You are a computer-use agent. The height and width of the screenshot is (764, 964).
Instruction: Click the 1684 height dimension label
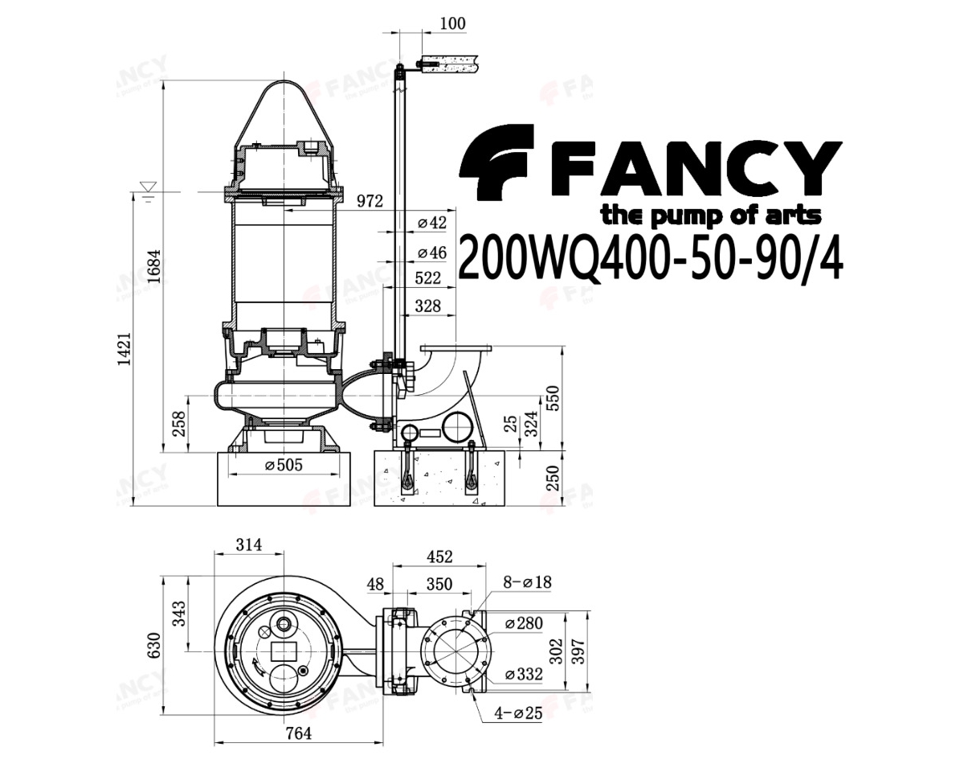coord(154,265)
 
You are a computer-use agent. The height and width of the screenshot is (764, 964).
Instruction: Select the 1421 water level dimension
coord(125,349)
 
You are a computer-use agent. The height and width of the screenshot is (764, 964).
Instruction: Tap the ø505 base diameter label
coord(284,465)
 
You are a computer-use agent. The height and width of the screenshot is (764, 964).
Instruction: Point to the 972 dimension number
coord(370,201)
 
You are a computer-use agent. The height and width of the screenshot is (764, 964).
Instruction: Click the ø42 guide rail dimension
coord(432,223)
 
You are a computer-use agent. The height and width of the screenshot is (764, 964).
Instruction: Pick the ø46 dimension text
coord(432,253)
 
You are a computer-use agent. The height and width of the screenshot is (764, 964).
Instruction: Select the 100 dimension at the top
coord(452,23)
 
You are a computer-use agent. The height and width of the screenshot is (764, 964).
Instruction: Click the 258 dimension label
coord(179,424)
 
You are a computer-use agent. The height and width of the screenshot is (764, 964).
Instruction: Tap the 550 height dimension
coord(554,399)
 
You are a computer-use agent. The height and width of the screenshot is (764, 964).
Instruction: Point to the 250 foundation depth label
coord(554,479)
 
